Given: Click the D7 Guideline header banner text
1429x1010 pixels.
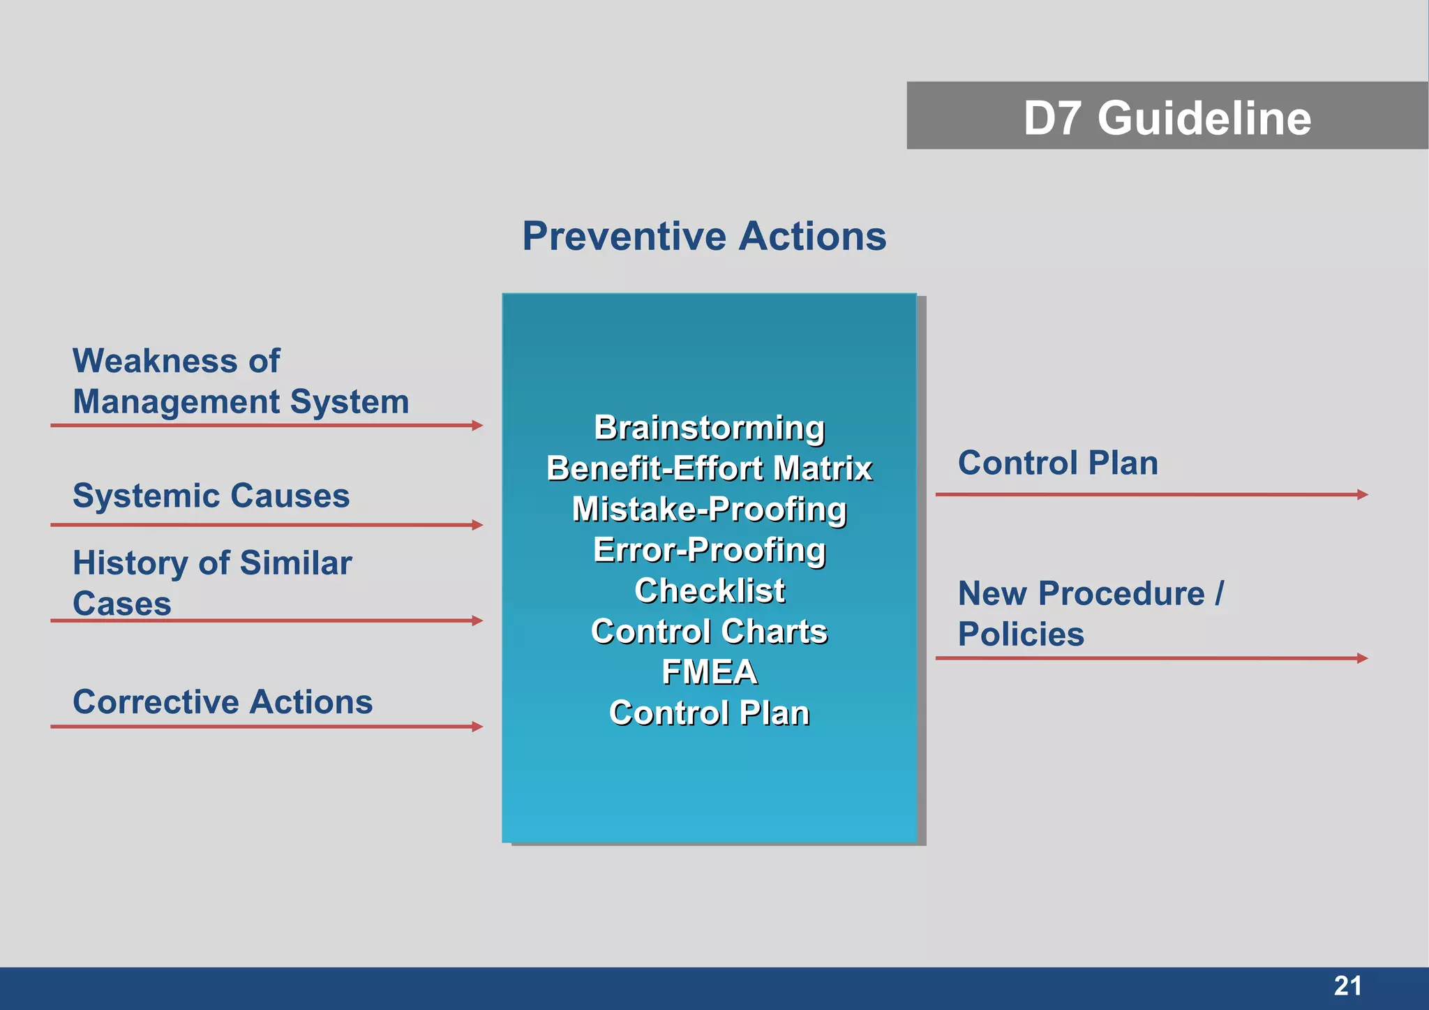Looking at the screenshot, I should point(1167,117).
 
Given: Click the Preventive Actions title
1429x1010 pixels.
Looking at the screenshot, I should point(704,236).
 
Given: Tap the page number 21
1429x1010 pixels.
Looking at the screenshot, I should point(1347,986).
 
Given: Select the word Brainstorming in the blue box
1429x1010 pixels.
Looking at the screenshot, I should point(709,427).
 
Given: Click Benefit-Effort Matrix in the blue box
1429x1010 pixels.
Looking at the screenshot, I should point(709,468).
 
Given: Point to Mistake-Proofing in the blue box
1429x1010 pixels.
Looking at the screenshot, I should point(709,509).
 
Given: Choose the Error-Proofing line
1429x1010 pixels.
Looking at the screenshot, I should point(709,549).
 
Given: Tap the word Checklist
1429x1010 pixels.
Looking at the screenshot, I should point(709,591).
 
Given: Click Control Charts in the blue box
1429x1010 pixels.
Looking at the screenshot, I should point(709,631).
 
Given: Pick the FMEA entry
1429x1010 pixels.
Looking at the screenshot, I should point(709,672).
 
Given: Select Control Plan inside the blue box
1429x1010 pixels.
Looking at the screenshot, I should point(709,713).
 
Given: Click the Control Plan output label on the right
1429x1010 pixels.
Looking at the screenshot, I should point(1057,463).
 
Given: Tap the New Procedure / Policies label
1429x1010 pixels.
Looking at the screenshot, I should point(1090,614).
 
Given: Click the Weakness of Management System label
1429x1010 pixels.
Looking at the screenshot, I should point(240,381).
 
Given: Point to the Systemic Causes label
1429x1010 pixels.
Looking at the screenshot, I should point(211,496).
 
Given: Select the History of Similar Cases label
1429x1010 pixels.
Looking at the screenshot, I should point(211,583).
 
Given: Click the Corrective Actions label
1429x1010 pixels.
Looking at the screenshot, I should point(223,701).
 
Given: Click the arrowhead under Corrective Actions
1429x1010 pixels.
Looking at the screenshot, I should point(477,727).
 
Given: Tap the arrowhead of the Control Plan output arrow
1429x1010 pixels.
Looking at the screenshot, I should point(1362,494).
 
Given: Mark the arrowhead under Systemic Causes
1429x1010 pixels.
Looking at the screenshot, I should point(477,525).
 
